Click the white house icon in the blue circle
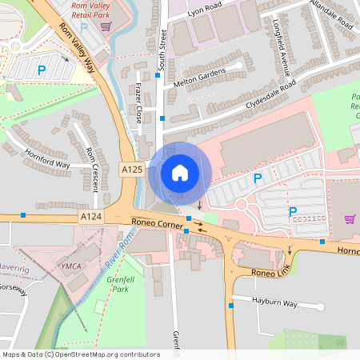pos(180,172)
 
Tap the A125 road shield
pos(132,170)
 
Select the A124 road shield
pos(90,217)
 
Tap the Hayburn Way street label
pos(274,305)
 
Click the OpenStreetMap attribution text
pos(81,354)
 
